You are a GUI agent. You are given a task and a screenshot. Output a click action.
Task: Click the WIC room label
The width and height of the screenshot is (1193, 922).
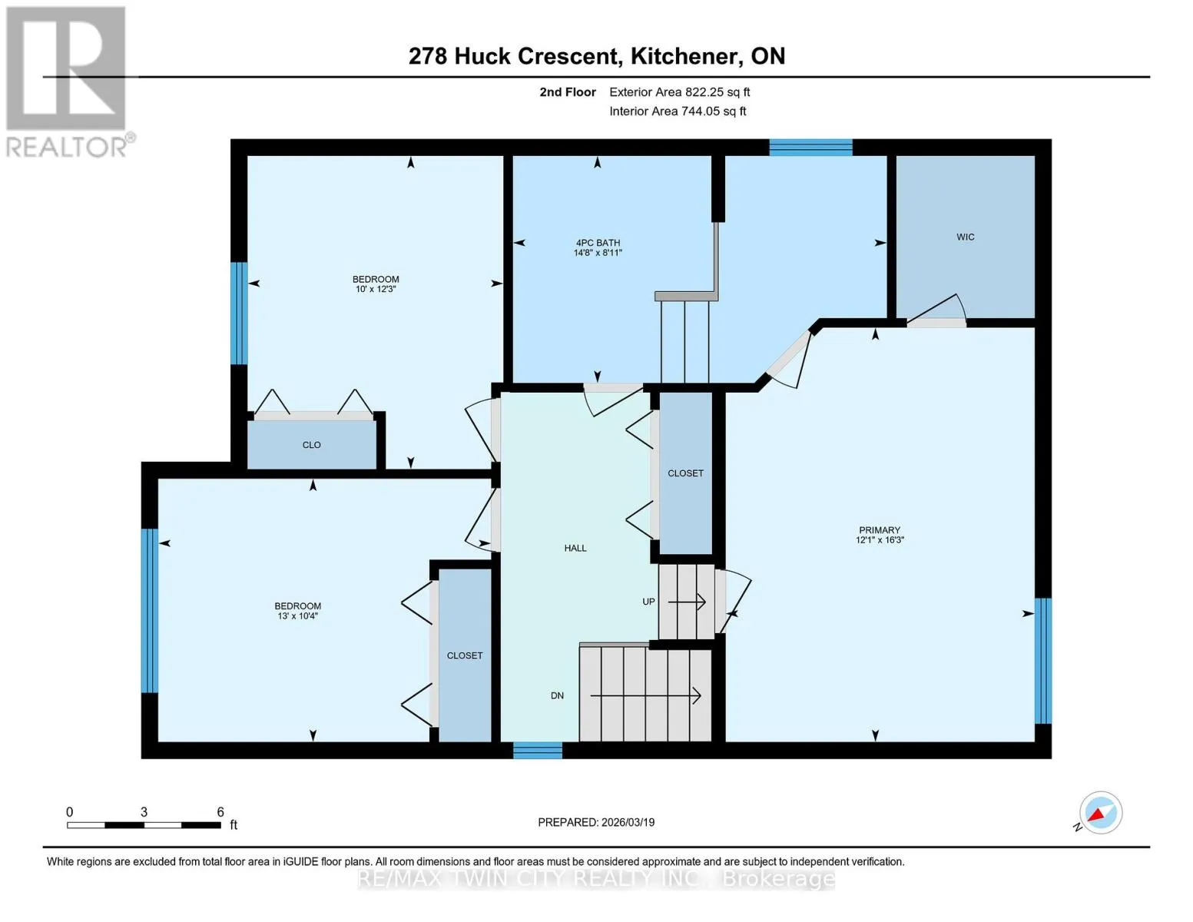(x=965, y=237)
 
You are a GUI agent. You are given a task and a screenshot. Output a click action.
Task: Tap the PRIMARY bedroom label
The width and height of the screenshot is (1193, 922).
(x=880, y=530)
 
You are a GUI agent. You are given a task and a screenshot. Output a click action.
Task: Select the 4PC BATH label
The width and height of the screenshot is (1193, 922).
(x=598, y=243)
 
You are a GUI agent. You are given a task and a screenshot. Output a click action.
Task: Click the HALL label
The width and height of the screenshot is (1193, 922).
(x=575, y=548)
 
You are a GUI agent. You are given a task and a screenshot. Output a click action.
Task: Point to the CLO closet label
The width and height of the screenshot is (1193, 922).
(x=311, y=445)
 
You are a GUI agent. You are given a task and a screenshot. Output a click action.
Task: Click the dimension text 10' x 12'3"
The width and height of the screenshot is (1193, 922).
(x=376, y=289)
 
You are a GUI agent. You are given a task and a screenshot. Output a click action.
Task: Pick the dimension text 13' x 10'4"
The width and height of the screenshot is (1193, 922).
(x=297, y=616)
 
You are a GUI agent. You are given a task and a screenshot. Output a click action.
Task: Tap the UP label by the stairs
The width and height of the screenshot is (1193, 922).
(x=648, y=602)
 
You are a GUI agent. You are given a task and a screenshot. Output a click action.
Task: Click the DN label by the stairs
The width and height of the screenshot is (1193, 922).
(x=557, y=696)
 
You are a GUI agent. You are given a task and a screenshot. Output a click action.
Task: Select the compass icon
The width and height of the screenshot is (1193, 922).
(x=1100, y=813)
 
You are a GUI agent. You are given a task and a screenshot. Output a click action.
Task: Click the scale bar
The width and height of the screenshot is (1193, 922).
(x=144, y=825)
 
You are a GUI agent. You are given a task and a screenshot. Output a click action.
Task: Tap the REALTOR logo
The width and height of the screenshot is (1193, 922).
(x=68, y=82)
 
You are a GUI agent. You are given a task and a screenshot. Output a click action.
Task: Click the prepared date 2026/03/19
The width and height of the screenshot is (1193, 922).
(x=628, y=823)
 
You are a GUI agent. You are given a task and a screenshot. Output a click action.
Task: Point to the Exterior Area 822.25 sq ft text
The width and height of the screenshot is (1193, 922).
(x=680, y=92)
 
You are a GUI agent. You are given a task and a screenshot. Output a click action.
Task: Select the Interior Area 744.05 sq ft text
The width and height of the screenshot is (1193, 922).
(x=678, y=111)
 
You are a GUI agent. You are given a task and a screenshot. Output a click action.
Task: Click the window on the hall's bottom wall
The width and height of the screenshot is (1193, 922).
(x=538, y=750)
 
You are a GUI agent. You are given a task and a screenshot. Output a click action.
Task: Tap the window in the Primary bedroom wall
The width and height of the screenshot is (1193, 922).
(x=1043, y=661)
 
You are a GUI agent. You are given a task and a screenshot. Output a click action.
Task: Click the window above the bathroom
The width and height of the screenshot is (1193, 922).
(x=811, y=148)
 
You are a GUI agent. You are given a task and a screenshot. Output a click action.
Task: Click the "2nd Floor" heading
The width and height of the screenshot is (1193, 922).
(x=568, y=92)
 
